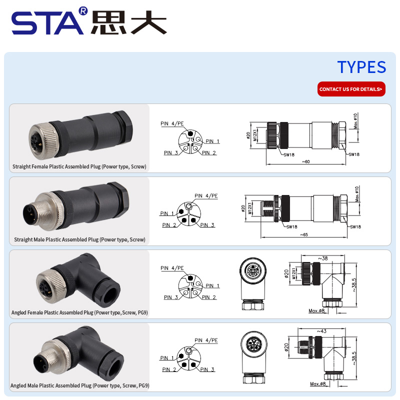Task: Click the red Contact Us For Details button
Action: click(x=351, y=89)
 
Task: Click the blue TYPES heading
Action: click(x=361, y=67)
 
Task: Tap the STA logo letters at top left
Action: click(x=47, y=23)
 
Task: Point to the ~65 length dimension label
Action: click(x=303, y=234)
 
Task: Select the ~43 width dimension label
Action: click(x=322, y=331)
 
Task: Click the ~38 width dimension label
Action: click(x=322, y=258)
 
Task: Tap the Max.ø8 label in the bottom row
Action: click(x=317, y=384)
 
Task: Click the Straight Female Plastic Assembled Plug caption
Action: click(x=79, y=166)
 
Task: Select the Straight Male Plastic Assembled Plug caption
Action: click(x=79, y=239)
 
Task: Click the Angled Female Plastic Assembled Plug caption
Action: click(x=79, y=313)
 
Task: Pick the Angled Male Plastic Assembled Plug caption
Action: click(x=79, y=385)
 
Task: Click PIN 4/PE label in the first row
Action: click(x=172, y=123)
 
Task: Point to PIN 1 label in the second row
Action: click(x=167, y=213)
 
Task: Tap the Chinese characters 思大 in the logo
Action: click(x=128, y=23)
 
